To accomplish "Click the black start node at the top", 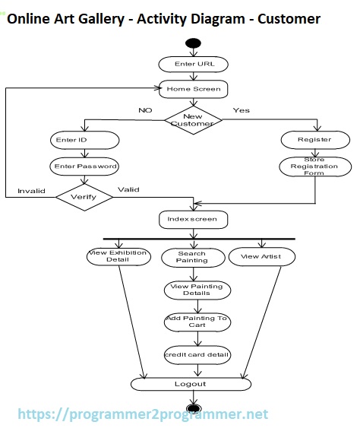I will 193,43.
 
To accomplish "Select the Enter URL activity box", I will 194,64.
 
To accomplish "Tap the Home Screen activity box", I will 194,89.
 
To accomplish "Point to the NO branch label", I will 144,110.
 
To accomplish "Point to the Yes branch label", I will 241,110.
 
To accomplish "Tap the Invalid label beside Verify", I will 31,191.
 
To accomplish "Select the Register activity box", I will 314,140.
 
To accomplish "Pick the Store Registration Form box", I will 314,166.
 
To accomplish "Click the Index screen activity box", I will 193,219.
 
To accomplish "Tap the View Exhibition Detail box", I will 118,256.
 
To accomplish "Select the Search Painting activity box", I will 192,257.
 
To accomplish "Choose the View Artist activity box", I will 261,256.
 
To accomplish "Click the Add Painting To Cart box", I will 197,322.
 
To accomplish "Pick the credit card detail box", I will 197,354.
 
